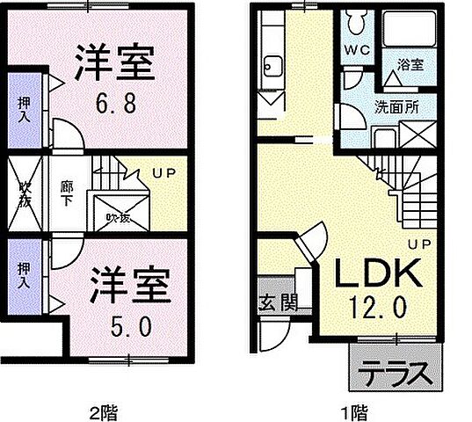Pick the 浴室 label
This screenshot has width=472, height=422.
pyautogui.click(x=410, y=64)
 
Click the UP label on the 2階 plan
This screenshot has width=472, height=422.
pyautogui.click(x=163, y=173)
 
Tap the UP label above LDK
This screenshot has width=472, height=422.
pyautogui.click(x=418, y=244)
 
